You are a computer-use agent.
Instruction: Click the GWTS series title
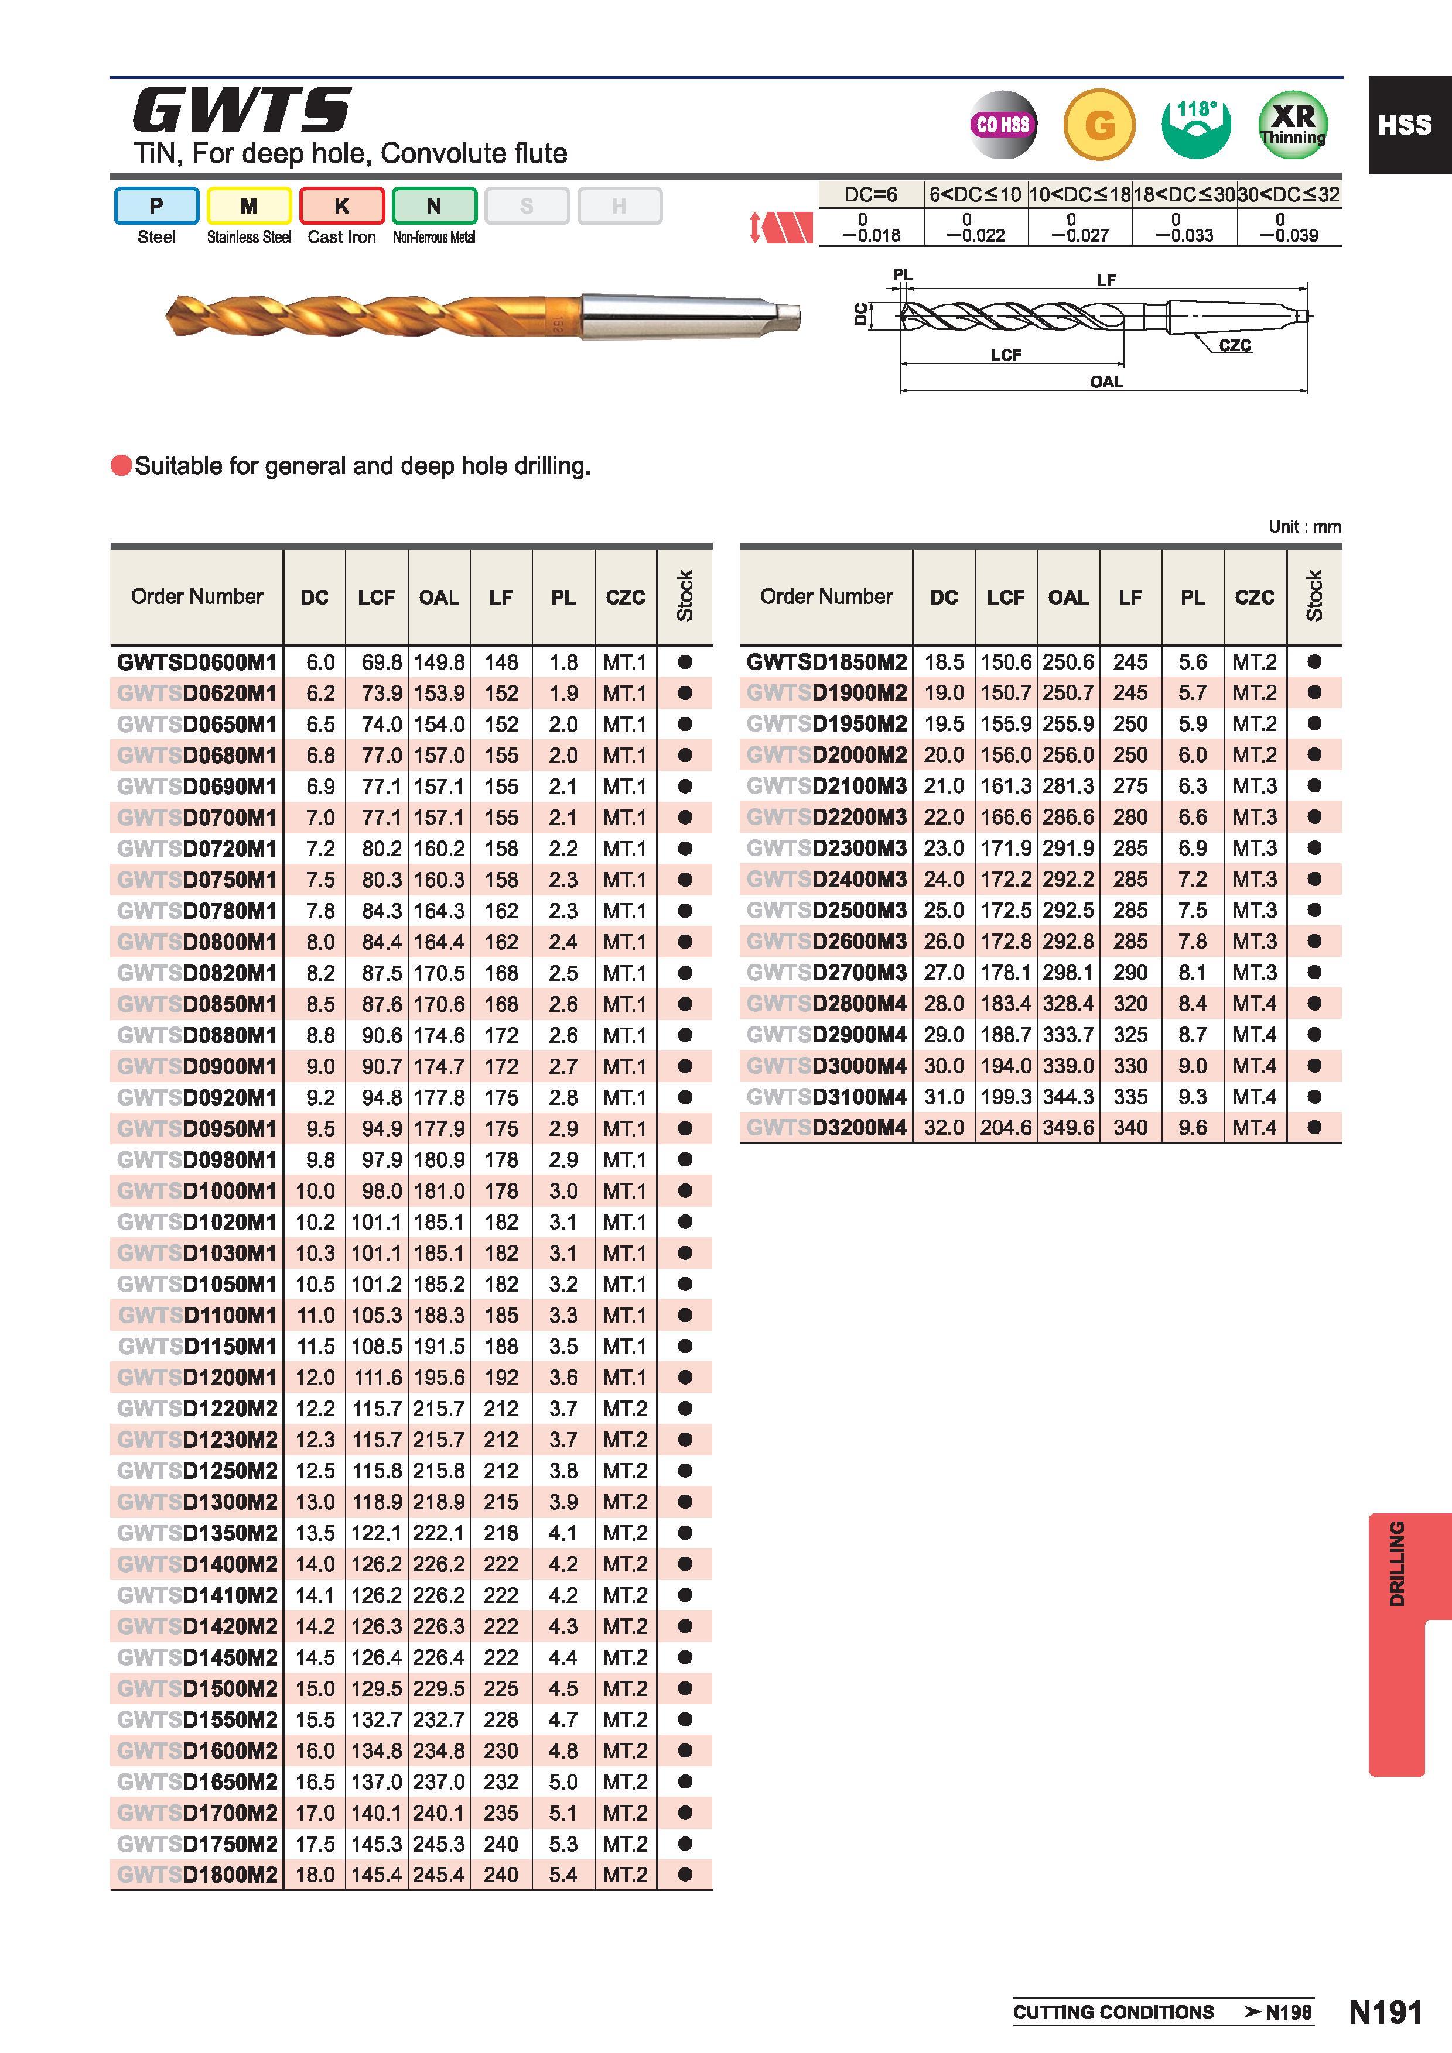[x=241, y=111]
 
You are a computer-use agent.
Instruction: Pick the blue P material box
[x=156, y=205]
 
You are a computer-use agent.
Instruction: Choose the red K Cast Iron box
[x=341, y=205]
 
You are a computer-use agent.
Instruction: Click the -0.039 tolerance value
[x=1288, y=235]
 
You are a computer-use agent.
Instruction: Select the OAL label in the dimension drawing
[x=1106, y=382]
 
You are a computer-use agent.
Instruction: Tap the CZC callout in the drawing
[x=1235, y=346]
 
